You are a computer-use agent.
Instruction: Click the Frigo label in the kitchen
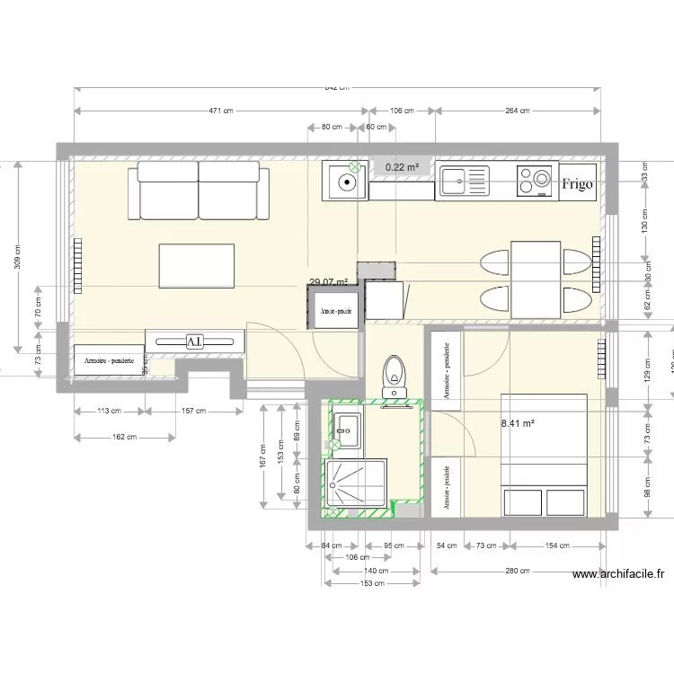pos(577,184)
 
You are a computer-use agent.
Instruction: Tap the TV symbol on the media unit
pos(194,341)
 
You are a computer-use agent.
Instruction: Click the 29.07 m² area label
pos(328,282)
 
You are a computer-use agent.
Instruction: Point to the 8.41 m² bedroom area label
pos(518,421)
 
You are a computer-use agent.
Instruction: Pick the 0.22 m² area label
pos(402,167)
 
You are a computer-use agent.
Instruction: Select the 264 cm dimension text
pos(518,111)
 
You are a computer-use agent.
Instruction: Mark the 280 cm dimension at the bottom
pos(518,571)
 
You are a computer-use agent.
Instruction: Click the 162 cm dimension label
pos(125,438)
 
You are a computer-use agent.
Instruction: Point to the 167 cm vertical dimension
pos(263,457)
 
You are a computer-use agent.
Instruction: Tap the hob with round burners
pos(537,181)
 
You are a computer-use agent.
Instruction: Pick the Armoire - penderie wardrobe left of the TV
pos(109,360)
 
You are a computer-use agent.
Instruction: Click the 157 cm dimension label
pos(195,411)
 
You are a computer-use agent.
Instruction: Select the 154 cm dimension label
pos(558,545)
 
